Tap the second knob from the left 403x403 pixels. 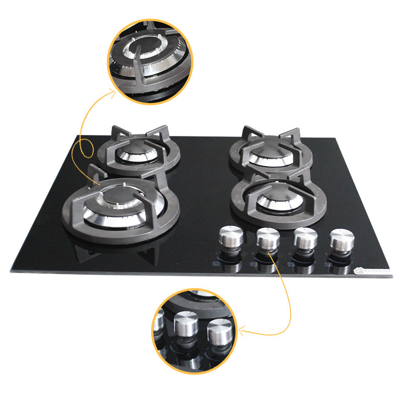pyautogui.click(x=267, y=237)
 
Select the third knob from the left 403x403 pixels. pyautogui.click(x=305, y=238)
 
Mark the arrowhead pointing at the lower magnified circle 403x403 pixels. pyautogui.click(x=241, y=331)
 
